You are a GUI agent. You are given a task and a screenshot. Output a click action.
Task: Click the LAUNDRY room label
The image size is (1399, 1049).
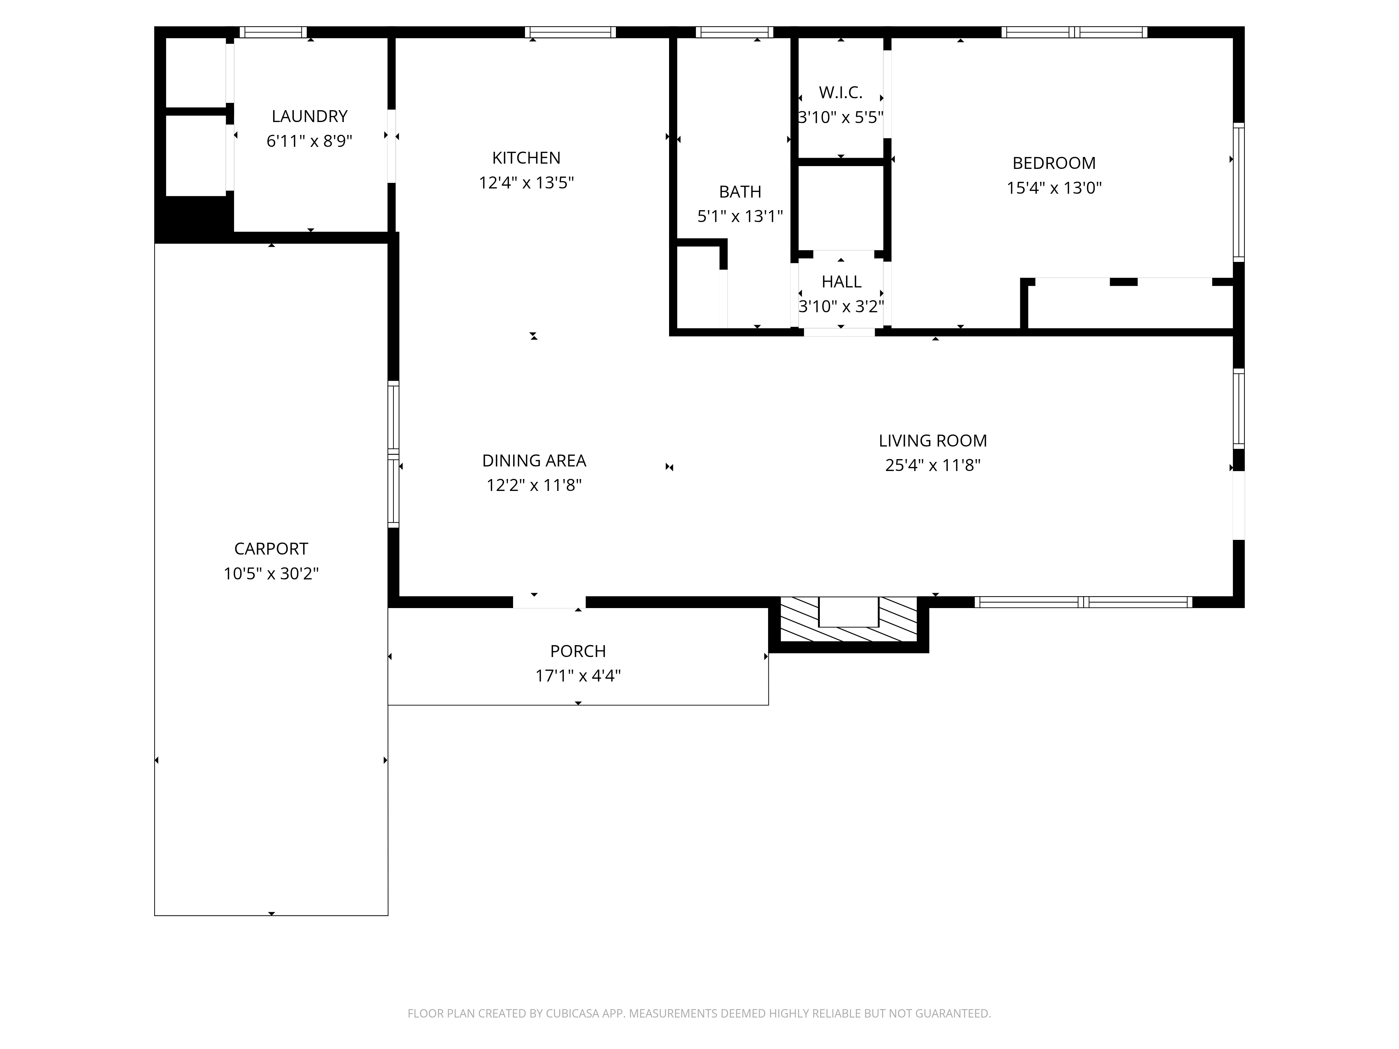pos(309,116)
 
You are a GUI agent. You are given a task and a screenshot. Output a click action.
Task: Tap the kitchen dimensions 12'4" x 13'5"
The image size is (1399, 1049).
pos(526,183)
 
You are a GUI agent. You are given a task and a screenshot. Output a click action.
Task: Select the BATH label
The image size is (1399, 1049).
pos(740,192)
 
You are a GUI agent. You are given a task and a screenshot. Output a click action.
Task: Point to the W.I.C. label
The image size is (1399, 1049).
pos(840,93)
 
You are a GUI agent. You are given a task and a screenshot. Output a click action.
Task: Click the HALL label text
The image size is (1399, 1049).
pos(841,281)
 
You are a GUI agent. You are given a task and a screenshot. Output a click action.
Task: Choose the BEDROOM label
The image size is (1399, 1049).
pos(1054,163)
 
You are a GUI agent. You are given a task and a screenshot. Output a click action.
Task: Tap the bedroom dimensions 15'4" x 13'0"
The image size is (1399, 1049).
pos(1054,188)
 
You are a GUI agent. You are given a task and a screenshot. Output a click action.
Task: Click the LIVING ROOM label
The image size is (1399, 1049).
pos(932,441)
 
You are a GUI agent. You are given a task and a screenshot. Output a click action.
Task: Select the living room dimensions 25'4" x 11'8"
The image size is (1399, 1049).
pos(932,465)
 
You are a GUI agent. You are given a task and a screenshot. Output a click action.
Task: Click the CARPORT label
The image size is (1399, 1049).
pos(271,549)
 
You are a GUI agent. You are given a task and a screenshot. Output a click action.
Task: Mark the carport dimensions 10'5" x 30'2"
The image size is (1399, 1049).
pos(271,573)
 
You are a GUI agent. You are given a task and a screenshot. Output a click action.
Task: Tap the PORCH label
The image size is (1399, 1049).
pos(577,651)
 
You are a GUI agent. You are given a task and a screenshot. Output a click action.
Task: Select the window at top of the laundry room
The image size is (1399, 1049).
pos(273,32)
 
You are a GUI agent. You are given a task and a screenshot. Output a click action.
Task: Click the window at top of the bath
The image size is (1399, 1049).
pos(734,32)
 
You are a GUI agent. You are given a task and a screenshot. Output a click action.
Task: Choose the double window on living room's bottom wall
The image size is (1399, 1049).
pos(1083,602)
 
